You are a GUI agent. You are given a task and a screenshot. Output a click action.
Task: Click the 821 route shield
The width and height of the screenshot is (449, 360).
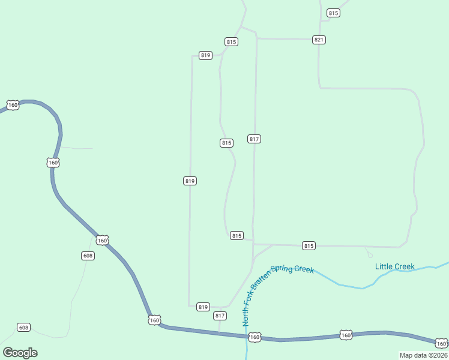[x=319, y=40]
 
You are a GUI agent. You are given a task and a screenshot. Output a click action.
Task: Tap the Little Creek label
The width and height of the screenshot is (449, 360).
[x=394, y=266]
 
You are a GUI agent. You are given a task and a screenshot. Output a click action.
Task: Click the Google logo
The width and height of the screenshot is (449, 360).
[x=20, y=352]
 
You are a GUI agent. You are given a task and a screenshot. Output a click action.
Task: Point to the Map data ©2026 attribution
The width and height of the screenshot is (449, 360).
[x=423, y=355]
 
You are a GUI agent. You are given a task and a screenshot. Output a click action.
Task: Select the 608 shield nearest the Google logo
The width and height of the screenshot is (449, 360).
[x=23, y=327]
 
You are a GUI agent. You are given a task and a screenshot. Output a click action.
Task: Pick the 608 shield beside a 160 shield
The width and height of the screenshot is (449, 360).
[x=88, y=256]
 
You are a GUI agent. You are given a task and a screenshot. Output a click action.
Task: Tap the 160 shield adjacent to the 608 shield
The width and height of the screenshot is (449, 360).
[x=102, y=241]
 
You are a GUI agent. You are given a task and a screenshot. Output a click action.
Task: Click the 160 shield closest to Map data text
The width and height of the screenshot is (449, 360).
[x=441, y=343]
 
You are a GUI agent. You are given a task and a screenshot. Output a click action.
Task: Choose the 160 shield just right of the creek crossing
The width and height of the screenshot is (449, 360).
[x=255, y=337]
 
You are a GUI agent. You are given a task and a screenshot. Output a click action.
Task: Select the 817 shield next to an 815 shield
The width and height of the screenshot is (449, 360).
[x=254, y=139]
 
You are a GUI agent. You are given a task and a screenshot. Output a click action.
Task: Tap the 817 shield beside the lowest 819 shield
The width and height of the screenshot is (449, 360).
[x=220, y=316]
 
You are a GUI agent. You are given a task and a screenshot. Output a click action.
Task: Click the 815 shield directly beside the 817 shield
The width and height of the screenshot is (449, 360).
[x=226, y=143]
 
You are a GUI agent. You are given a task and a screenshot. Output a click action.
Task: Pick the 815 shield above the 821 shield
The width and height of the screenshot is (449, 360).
[x=333, y=13]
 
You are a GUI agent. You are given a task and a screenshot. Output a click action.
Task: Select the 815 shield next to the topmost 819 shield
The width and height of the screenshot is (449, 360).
[x=232, y=41]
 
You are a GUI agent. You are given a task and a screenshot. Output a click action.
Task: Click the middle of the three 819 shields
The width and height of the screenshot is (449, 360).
[x=190, y=181]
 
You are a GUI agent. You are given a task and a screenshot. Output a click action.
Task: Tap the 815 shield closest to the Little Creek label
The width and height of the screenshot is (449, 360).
[x=309, y=245]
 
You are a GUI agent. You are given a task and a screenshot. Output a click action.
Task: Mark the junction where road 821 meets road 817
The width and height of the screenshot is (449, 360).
[x=257, y=38]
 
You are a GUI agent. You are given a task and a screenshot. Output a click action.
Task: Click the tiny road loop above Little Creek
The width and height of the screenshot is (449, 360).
[x=370, y=255]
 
